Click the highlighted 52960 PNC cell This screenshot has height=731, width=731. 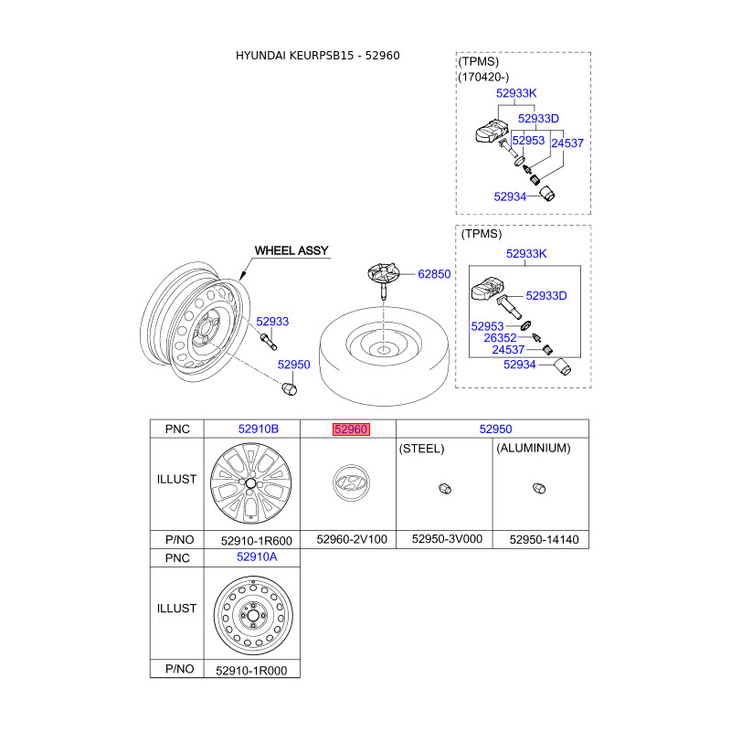click(x=351, y=429)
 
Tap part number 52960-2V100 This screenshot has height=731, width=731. click(x=351, y=539)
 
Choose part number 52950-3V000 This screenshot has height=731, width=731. click(x=446, y=539)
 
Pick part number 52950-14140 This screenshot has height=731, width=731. click(x=544, y=539)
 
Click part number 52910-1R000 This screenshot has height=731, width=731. click(x=251, y=669)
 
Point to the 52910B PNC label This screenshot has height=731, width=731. click(x=258, y=429)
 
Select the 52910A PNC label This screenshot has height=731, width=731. click(x=257, y=556)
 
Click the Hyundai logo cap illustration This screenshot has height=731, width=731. click(x=347, y=484)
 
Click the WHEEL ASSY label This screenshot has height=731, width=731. click(x=291, y=250)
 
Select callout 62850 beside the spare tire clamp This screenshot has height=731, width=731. click(x=435, y=274)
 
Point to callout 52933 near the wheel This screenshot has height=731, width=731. click(x=272, y=321)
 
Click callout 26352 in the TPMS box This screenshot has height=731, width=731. click(x=500, y=337)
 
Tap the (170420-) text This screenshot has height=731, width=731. click(x=483, y=77)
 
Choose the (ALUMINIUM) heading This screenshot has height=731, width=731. click(x=533, y=449)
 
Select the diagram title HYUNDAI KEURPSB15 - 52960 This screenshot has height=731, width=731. click(x=318, y=56)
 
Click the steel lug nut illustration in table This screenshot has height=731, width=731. click(x=444, y=487)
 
